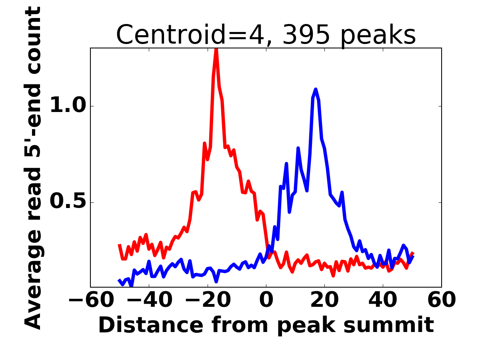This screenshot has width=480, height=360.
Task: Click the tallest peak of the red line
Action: pyautogui.click(x=216, y=50)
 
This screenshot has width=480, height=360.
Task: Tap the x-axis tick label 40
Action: pyautogui.click(x=383, y=300)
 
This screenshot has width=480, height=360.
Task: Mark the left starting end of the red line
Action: pyautogui.click(x=119, y=244)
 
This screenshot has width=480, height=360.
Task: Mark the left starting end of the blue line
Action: pyautogui.click(x=119, y=280)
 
